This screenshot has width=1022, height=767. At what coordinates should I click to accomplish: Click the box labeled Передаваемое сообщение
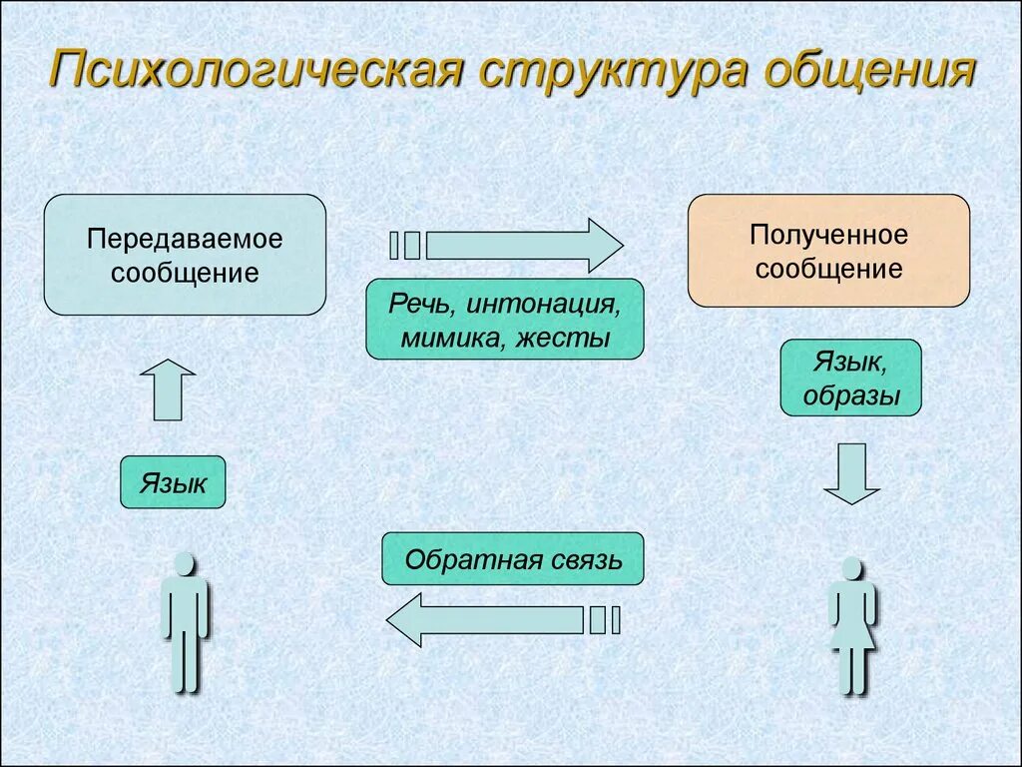coord(185,255)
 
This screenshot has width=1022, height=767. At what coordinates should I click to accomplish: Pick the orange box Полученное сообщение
coord(828,251)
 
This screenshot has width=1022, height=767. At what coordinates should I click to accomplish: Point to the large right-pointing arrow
coord(524,245)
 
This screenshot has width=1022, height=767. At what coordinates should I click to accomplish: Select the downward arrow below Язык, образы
coord(851,473)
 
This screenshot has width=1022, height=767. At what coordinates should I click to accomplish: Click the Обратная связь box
coord(513,558)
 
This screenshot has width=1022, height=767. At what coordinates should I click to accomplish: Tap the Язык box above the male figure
coord(173,483)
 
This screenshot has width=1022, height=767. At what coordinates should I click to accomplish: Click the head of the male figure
coord(185,565)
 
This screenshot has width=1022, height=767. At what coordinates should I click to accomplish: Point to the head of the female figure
coord(851,569)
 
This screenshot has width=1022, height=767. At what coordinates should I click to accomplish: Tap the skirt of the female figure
coord(851,631)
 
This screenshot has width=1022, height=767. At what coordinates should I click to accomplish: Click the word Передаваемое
coord(185,240)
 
